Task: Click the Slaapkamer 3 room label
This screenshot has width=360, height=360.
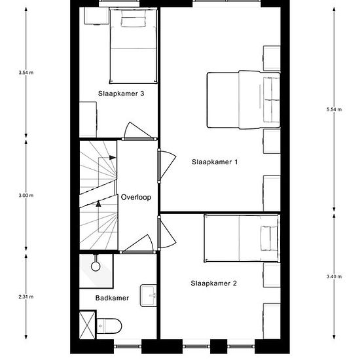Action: point(121,94)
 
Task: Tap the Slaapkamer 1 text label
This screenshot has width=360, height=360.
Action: point(215,162)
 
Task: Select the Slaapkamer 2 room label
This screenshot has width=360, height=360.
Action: point(213,283)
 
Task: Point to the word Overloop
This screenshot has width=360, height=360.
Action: point(136,197)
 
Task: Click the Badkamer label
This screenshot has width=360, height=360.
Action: point(112,298)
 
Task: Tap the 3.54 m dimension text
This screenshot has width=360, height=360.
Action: point(26,73)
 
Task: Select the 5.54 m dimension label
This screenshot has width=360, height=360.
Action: point(334,109)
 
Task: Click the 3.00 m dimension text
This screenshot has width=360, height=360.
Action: point(26,196)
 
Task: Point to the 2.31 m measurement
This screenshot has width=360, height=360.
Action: point(26,297)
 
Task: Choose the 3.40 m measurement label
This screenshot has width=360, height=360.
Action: point(334,276)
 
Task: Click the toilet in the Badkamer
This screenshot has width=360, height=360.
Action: point(109,326)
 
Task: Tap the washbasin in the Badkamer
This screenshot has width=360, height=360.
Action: point(149,295)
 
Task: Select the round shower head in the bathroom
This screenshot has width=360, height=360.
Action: point(96,266)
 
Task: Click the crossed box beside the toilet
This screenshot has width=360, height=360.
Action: point(87,325)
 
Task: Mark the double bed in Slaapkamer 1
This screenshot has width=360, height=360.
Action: point(243,100)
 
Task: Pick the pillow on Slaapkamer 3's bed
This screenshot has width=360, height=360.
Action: point(133,19)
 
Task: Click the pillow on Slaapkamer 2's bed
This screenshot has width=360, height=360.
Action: point(269,238)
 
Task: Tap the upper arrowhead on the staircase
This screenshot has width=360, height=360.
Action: point(113,158)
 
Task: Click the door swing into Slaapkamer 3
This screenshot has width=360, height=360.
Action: point(137,130)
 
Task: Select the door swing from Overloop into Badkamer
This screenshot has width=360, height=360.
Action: point(137,243)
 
